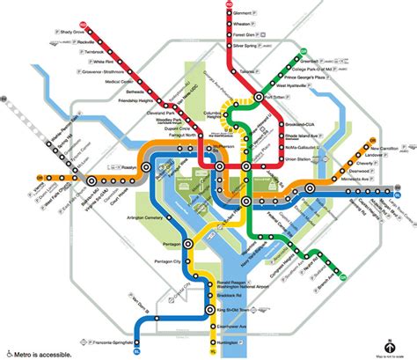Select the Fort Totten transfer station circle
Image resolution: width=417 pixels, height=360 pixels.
click(x=260, y=96)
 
